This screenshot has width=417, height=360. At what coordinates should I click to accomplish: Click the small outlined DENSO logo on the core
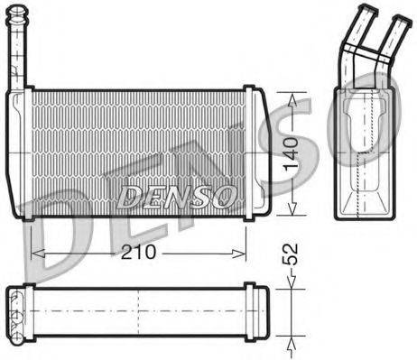pos(179,194)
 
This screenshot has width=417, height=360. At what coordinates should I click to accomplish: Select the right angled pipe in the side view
pos(385,41)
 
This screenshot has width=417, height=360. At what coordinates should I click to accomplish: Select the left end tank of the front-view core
pos(20,153)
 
